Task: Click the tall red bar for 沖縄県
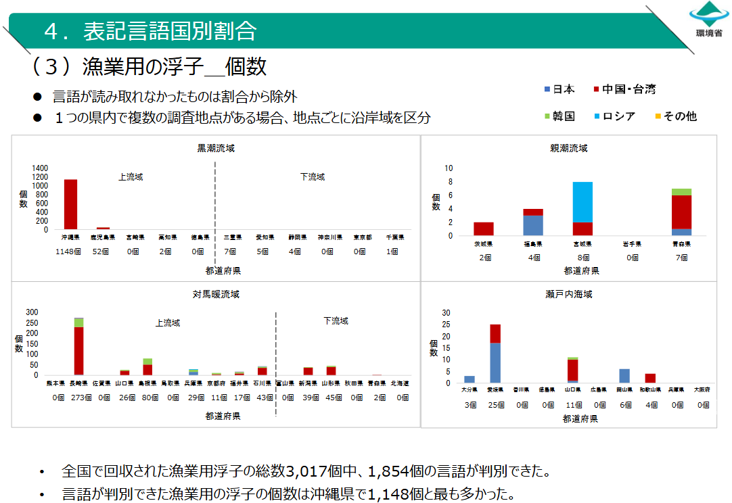point(70,204)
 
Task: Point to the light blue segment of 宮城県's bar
point(582,201)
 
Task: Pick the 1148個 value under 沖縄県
point(70,251)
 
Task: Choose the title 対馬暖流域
point(215,295)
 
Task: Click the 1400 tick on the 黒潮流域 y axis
point(41,168)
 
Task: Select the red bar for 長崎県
point(78,350)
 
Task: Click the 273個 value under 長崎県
point(81,398)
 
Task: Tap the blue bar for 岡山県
point(624,376)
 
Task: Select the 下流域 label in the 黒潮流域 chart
point(313,177)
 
